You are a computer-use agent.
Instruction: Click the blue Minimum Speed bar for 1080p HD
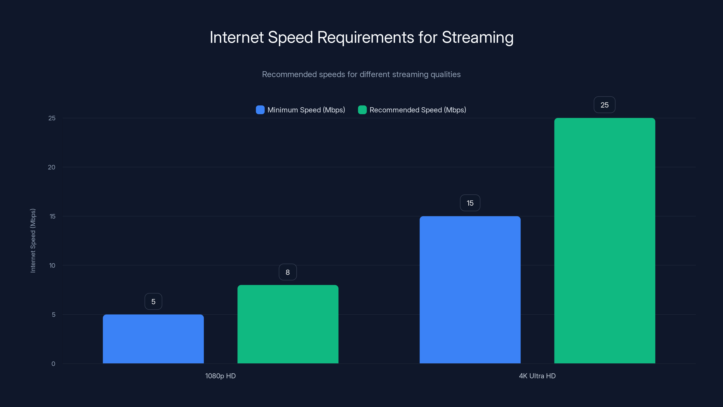153,339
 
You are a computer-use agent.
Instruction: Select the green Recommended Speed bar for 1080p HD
288,324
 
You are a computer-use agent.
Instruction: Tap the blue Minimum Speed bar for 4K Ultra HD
470,290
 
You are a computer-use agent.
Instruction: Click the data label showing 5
153,301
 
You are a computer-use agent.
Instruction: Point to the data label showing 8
288,272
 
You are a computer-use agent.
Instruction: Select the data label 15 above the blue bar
470,203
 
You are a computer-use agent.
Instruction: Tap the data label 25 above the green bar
604,105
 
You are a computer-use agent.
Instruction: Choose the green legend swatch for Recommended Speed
362,110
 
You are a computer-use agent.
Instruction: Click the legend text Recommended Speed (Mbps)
418,110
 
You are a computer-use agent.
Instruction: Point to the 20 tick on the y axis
52,167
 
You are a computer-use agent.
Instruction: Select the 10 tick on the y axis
52,265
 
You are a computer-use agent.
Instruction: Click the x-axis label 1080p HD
220,376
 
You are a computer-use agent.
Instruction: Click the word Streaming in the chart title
478,37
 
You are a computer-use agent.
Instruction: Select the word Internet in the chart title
237,37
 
